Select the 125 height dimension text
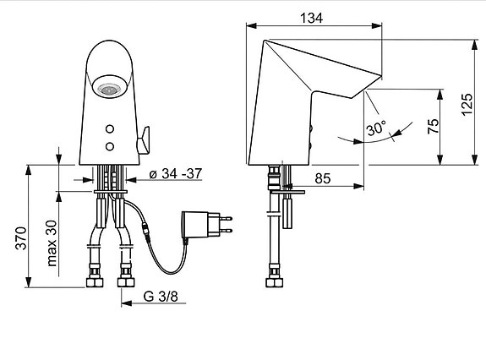pos(467,103)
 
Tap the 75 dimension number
pos(434,127)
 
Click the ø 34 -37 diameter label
pos(174,175)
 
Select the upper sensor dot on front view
pos(110,128)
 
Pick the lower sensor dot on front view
pos(110,146)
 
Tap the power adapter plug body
pos(197,224)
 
